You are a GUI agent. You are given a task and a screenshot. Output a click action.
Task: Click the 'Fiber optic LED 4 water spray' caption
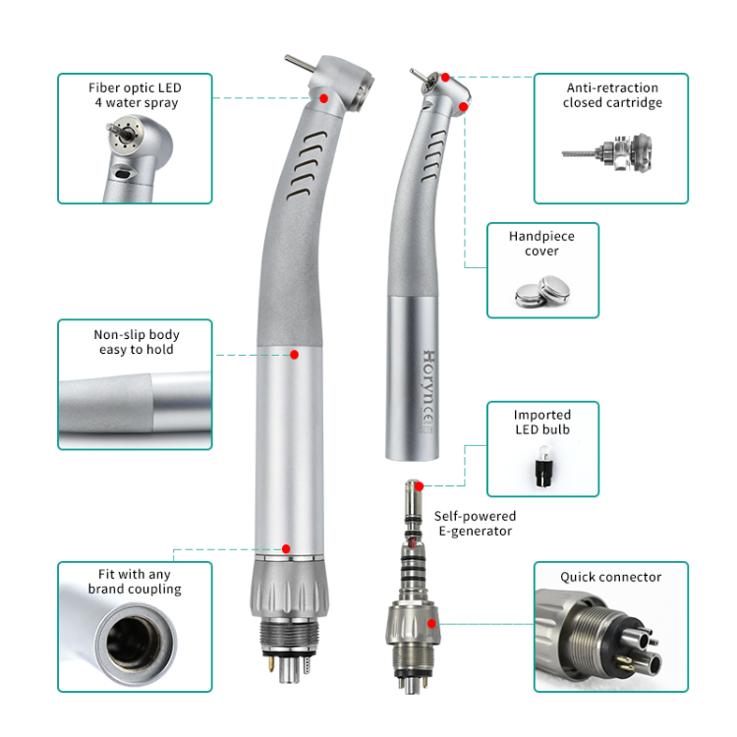135,95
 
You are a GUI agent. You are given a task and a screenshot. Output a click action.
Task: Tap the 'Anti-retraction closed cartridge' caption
612,95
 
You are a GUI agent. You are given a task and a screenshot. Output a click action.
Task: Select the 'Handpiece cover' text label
541,244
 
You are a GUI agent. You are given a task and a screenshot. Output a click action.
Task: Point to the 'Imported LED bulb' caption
542,423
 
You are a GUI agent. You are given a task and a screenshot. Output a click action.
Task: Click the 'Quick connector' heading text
610,577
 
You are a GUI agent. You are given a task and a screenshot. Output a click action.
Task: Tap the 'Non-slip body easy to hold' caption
137,342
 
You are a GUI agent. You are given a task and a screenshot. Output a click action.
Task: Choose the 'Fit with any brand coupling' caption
135,582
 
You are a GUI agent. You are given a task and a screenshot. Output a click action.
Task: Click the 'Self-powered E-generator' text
475,523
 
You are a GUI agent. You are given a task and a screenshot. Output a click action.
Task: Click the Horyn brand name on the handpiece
428,379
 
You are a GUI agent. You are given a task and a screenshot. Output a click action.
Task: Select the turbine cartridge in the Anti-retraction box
607,151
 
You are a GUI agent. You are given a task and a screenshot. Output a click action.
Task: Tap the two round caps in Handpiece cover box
541,292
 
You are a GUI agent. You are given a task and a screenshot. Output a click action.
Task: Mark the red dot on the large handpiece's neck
324,98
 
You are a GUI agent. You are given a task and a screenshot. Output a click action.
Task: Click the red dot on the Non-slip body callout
294,355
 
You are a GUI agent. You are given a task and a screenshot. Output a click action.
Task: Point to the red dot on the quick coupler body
431,624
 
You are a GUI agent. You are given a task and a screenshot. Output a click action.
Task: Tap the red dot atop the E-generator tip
420,486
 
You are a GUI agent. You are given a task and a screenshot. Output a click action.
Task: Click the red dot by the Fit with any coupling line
286,549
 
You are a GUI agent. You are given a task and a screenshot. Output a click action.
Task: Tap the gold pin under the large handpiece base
271,662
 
